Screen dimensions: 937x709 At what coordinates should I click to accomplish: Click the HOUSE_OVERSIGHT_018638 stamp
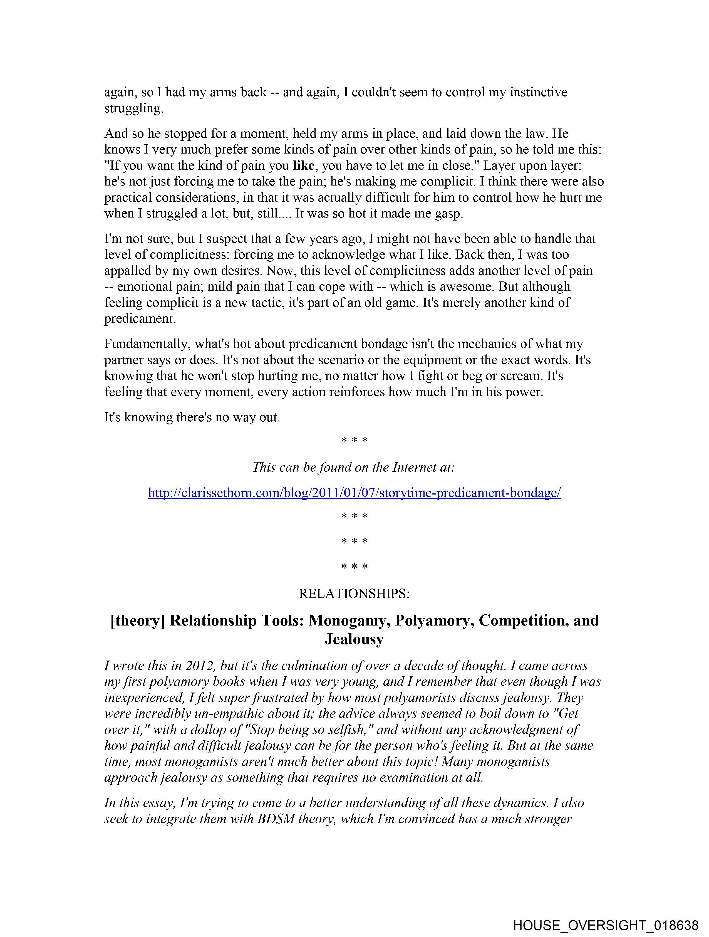(606, 925)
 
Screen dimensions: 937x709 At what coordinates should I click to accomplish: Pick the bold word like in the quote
(303, 166)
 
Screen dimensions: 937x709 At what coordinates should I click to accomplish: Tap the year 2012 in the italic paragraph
(199, 666)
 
